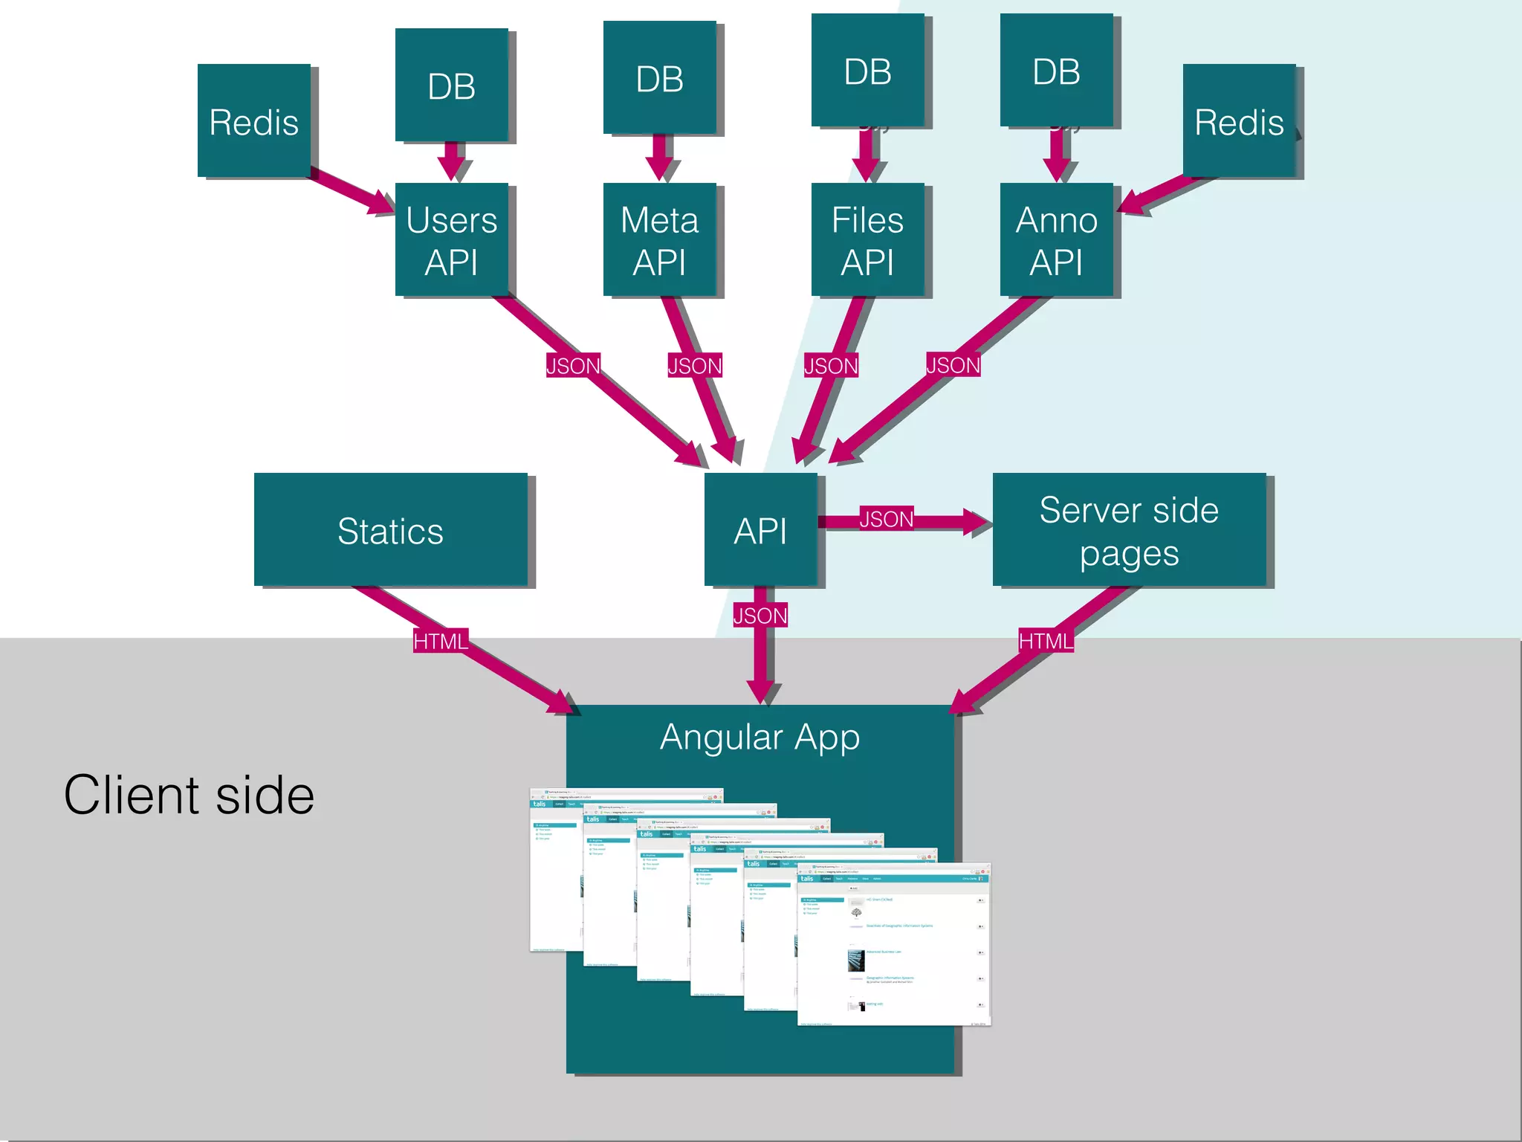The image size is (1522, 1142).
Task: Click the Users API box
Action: click(451, 239)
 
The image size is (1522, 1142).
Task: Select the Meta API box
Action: click(659, 239)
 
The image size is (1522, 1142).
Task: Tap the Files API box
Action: click(867, 239)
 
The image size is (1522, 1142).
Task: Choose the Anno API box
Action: click(1056, 239)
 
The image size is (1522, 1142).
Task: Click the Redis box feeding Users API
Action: click(254, 120)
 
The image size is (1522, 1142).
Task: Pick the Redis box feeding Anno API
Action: click(1239, 120)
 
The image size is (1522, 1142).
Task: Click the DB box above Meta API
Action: click(659, 77)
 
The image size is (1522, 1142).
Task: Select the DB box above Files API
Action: click(867, 70)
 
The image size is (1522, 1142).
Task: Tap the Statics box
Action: click(390, 529)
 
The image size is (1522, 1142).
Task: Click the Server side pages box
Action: click(1129, 529)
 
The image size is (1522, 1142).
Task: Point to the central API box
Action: click(760, 529)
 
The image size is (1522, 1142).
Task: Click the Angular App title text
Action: click(760, 737)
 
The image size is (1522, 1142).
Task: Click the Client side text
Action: click(189, 795)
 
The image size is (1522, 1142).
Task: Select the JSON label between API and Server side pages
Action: click(886, 518)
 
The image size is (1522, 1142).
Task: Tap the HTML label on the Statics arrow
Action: click(441, 641)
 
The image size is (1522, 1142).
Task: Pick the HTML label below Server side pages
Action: click(1046, 641)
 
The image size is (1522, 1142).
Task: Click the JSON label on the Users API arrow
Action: click(573, 365)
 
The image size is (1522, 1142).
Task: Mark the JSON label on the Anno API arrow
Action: click(953, 364)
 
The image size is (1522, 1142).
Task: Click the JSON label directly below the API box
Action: click(760, 616)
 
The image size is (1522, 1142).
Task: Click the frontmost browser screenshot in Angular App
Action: click(894, 944)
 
